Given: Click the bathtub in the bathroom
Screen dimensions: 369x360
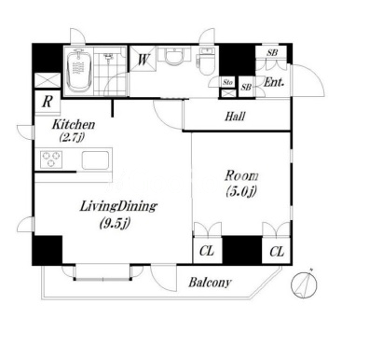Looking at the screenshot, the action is click(79, 70).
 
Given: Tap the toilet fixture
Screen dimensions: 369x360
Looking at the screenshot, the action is click(205, 62).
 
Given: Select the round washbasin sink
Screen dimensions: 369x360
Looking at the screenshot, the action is click(174, 57).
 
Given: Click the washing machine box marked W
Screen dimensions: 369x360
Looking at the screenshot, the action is click(143, 59).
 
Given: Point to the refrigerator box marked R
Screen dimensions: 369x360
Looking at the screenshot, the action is click(48, 102).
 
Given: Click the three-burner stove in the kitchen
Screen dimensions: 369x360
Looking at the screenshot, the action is click(51, 159).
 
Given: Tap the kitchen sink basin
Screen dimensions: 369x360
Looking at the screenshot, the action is click(95, 160).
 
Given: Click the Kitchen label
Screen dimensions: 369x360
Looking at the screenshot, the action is click(74, 125).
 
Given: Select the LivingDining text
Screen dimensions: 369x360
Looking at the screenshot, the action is click(118, 206).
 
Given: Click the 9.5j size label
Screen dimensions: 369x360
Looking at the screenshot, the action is click(115, 223).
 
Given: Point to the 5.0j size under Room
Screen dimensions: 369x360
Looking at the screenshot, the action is click(241, 191).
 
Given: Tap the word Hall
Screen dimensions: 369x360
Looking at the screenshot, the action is click(235, 117).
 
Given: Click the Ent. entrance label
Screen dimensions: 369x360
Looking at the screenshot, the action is click(274, 82).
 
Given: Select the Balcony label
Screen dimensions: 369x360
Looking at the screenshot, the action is click(210, 283).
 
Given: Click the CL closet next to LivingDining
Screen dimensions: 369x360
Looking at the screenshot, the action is click(207, 250).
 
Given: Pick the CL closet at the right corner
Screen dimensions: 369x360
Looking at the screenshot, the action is click(276, 250).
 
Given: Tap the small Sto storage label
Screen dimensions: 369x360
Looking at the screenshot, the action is click(227, 83).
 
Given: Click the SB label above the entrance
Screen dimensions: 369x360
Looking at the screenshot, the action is click(272, 53).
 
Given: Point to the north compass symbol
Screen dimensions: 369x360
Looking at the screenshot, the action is click(304, 284).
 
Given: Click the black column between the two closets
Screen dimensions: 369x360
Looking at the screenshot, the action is click(242, 250).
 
